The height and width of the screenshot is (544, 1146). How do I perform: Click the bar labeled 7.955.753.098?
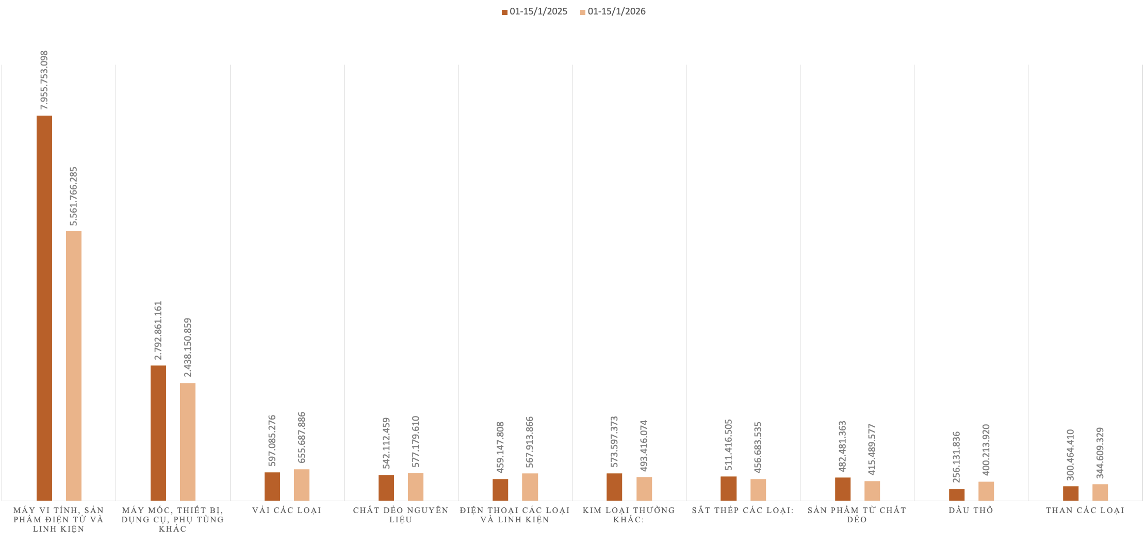[44, 308]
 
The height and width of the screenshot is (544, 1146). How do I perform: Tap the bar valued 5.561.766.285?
[74, 366]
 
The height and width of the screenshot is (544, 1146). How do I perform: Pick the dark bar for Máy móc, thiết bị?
[158, 433]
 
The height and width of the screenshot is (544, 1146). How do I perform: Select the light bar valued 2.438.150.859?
[188, 442]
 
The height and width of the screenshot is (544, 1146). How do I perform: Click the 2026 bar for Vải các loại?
[302, 485]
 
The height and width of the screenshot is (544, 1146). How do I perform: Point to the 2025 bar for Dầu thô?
[957, 494]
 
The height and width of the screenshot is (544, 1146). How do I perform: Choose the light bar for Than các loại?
[1100, 492]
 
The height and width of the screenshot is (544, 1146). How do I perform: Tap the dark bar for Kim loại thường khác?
[614, 487]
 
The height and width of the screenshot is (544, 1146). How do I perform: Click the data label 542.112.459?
[386, 443]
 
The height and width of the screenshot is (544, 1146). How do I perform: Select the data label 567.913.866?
[530, 442]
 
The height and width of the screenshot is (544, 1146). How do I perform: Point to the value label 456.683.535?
[758, 447]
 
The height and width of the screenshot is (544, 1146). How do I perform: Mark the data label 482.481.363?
[843, 446]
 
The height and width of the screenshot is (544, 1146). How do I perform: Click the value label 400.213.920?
[986, 450]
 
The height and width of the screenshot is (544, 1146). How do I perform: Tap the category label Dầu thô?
[971, 510]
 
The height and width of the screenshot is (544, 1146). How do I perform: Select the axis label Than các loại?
[1085, 510]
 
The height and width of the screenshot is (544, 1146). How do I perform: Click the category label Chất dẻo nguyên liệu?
[401, 515]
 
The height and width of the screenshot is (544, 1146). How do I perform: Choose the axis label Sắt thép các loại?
[743, 510]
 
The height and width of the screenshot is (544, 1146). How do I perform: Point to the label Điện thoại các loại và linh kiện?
[515, 515]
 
